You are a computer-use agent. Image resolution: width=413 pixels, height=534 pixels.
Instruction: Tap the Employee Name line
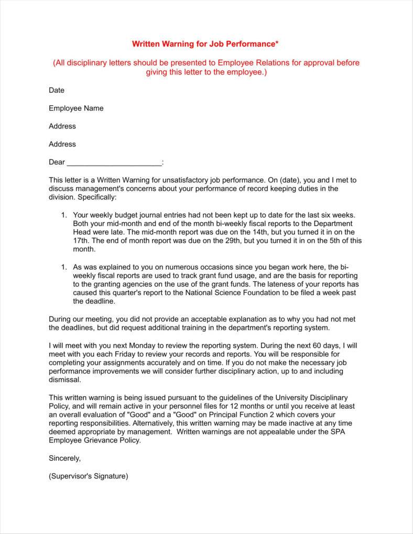[76, 108]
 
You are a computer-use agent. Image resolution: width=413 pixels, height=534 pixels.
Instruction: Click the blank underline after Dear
[114, 162]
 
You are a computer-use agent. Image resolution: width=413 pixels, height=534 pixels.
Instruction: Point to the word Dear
[57, 162]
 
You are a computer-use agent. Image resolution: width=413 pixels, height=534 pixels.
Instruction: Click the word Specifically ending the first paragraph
[97, 198]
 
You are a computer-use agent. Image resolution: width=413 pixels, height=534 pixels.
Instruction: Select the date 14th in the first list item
[282, 232]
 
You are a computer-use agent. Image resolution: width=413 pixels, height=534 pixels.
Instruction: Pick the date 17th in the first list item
[81, 241]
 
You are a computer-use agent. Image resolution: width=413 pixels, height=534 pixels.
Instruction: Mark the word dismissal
[64, 379]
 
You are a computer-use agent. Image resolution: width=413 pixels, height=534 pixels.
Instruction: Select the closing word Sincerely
[64, 458]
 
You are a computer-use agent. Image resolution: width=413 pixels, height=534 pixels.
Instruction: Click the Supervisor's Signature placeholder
[88, 476]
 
